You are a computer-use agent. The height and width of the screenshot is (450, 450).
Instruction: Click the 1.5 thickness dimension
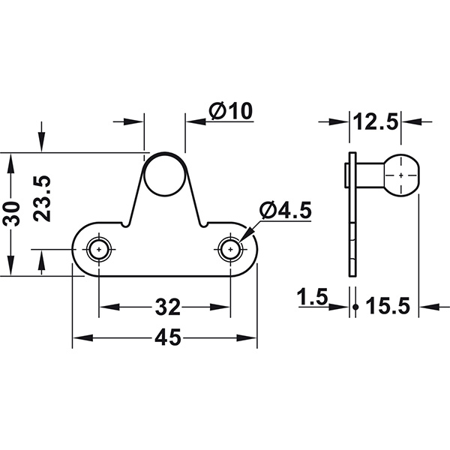coord(313,298)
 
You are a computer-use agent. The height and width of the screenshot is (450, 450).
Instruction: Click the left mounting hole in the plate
coord(99,249)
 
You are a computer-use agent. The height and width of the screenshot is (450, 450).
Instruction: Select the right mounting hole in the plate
coord(230,249)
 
